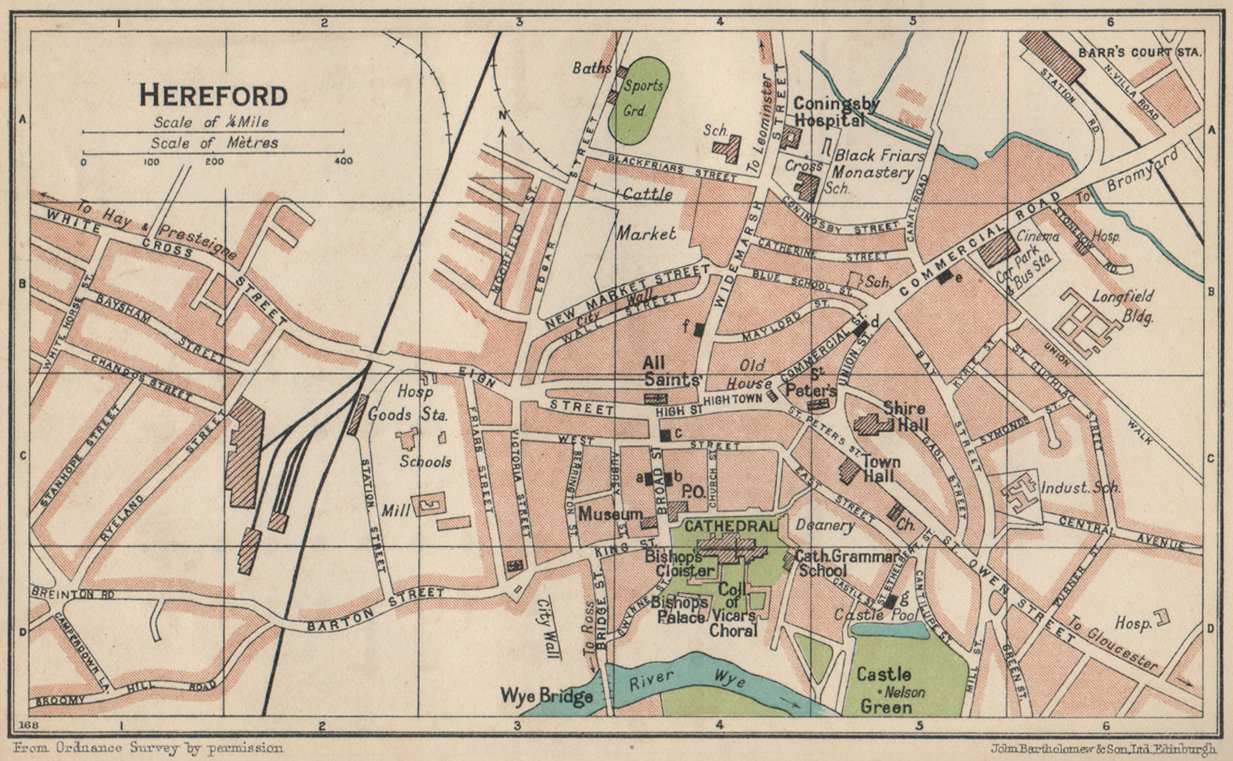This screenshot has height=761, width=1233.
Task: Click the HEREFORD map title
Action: pyautogui.click(x=213, y=96)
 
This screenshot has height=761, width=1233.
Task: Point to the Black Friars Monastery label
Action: pyautogui.click(x=877, y=164)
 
